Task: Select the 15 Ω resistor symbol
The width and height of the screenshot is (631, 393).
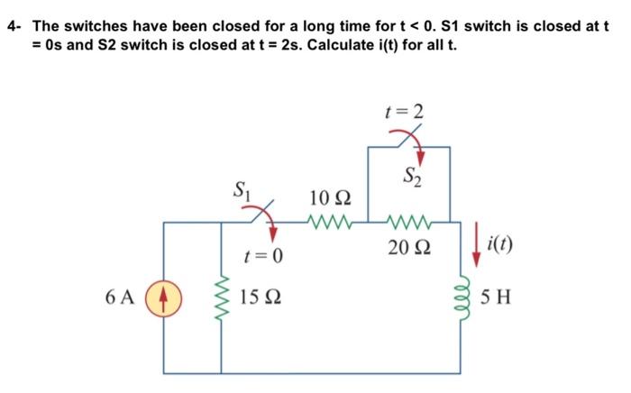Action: tap(222, 296)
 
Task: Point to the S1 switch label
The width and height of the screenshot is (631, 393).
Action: tap(242, 190)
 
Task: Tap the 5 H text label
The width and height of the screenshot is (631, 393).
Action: tap(497, 296)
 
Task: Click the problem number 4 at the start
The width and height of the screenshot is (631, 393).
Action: tap(12, 25)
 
